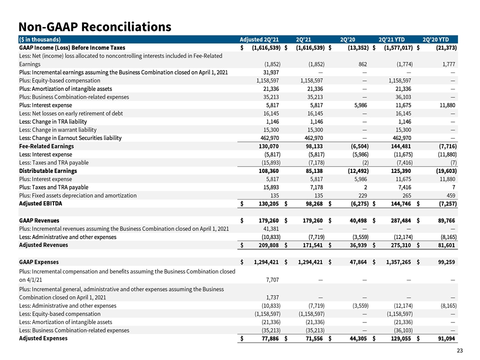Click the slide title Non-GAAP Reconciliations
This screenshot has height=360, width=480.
pos(95,26)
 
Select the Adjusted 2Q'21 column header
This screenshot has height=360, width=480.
pos(259,39)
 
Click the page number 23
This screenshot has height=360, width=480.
pos(459,350)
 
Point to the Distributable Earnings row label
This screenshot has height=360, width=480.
pos(48,171)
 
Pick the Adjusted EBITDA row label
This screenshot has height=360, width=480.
pos(40,203)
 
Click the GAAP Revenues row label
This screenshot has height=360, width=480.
pos(39,220)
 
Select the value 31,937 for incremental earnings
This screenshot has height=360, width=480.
pos(270,72)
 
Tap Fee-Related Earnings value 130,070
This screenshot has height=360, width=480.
pos(269,146)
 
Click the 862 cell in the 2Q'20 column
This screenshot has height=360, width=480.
pos(362,64)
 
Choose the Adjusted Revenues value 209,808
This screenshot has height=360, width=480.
pos(269,245)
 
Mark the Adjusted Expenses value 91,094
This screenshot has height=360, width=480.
pos(446,338)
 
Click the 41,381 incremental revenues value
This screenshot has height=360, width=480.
pos(270,228)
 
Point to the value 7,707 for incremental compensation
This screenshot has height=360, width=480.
pos(272,280)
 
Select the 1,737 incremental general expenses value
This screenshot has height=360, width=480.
pos(272,297)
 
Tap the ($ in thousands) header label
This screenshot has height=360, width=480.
pos(40,39)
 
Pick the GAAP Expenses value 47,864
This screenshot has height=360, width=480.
pos(358,262)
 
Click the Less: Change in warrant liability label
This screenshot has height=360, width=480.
pos(57,130)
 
